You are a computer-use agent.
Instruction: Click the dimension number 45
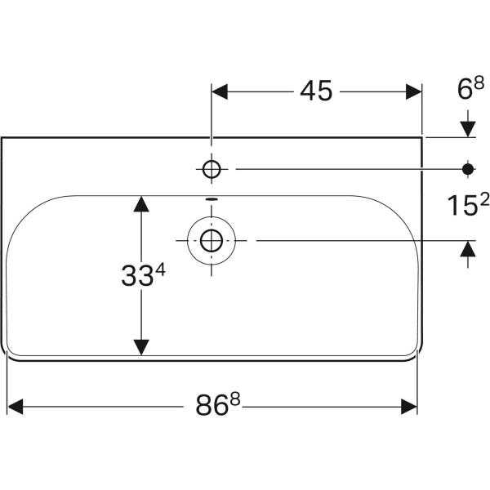click(x=316, y=91)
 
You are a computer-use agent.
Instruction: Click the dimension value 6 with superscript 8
click(x=470, y=88)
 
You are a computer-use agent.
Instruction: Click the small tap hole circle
click(x=212, y=169)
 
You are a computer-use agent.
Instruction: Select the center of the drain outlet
click(x=212, y=241)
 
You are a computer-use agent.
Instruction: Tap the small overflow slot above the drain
click(x=212, y=198)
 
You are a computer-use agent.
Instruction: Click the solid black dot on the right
click(x=468, y=169)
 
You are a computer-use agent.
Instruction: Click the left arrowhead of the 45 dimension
click(x=220, y=91)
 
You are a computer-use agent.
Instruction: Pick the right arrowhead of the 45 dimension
click(x=414, y=91)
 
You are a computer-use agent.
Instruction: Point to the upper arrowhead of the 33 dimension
click(x=141, y=204)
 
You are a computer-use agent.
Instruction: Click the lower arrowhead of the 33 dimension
click(x=141, y=347)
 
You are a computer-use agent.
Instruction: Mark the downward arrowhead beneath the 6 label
click(x=468, y=129)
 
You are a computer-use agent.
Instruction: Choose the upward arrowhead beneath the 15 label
click(x=468, y=249)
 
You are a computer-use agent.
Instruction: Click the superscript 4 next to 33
click(x=161, y=269)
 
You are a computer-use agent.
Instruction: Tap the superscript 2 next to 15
click(x=484, y=200)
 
